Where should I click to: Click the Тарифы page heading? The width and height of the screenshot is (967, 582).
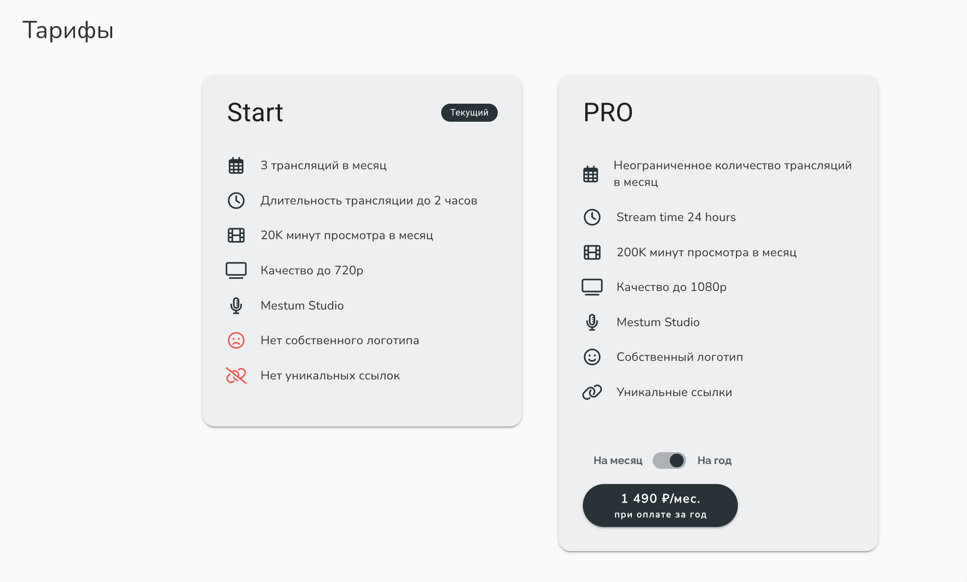coord(68,31)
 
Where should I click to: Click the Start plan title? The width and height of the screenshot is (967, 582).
coord(255,113)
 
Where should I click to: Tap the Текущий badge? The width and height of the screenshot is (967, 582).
coord(469,113)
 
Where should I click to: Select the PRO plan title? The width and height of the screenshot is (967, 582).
coord(608,113)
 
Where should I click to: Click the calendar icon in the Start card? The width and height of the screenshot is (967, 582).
coord(236,165)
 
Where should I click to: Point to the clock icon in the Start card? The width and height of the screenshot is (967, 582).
coord(236,201)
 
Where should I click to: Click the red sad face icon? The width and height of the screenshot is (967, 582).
coord(236,340)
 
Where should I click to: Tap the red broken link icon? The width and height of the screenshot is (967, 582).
coord(236,376)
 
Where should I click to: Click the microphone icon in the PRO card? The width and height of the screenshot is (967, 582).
coord(592,322)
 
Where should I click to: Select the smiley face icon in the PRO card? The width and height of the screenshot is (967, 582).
coord(592,357)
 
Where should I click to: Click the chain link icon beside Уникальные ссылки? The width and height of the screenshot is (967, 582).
coord(592,392)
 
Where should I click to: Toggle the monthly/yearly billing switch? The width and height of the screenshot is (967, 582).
coord(669,460)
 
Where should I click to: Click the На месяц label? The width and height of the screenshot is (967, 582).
coord(618,460)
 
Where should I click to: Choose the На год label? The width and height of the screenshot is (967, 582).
coord(715,460)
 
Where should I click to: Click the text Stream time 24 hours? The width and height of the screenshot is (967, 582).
coord(676,217)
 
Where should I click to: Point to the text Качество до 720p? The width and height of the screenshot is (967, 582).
coord(312,271)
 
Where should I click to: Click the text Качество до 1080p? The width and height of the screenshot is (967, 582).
coord(672,287)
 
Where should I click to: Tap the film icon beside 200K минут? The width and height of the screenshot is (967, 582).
coord(592,252)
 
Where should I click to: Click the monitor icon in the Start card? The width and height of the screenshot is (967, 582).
coord(236,271)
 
